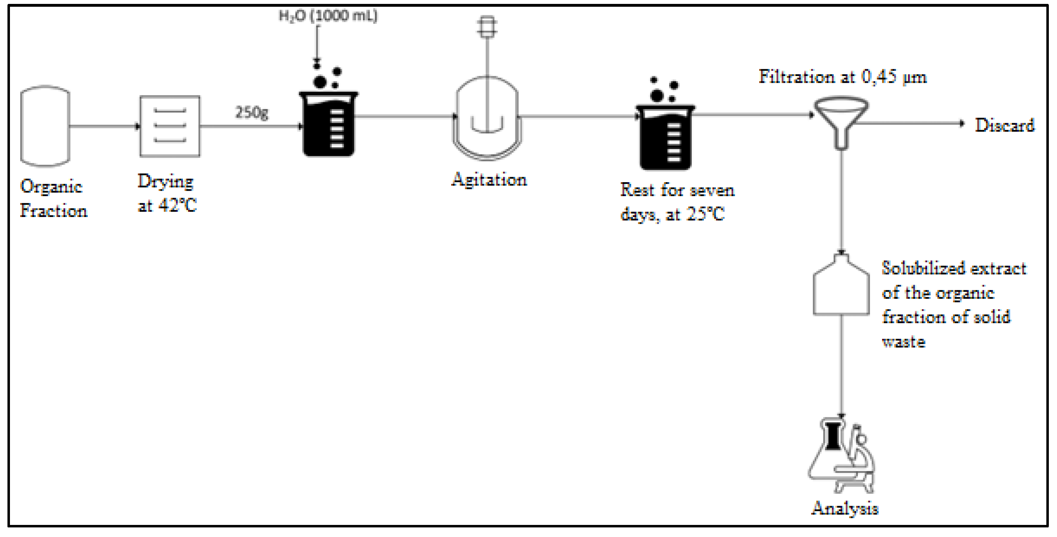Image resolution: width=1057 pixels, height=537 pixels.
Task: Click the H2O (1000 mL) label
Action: tap(328, 16)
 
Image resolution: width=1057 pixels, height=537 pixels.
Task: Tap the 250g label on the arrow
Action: tap(252, 112)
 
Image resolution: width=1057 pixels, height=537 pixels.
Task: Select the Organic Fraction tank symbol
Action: tap(45, 126)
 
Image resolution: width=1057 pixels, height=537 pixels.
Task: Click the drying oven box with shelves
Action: tap(170, 126)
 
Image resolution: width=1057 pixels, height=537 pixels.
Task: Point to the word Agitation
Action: tap(489, 180)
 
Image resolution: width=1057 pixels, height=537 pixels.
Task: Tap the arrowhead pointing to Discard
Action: tap(962, 123)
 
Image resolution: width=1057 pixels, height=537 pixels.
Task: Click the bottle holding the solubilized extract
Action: tap(841, 287)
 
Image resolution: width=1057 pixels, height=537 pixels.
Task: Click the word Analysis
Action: tap(844, 508)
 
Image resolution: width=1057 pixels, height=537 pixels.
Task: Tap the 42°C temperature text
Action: tap(178, 205)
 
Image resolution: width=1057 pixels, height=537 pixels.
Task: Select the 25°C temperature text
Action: tap(705, 214)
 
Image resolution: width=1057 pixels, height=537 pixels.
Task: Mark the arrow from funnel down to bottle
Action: tap(842, 201)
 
